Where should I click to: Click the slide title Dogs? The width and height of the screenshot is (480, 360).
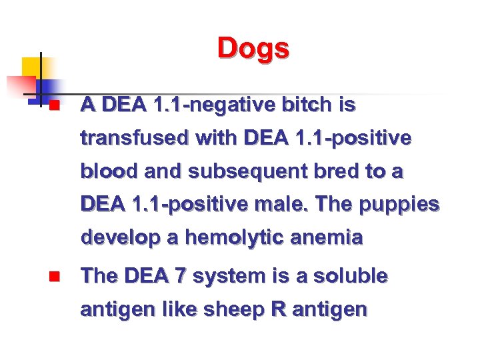[x=253, y=49]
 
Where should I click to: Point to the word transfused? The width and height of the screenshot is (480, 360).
[x=133, y=139]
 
